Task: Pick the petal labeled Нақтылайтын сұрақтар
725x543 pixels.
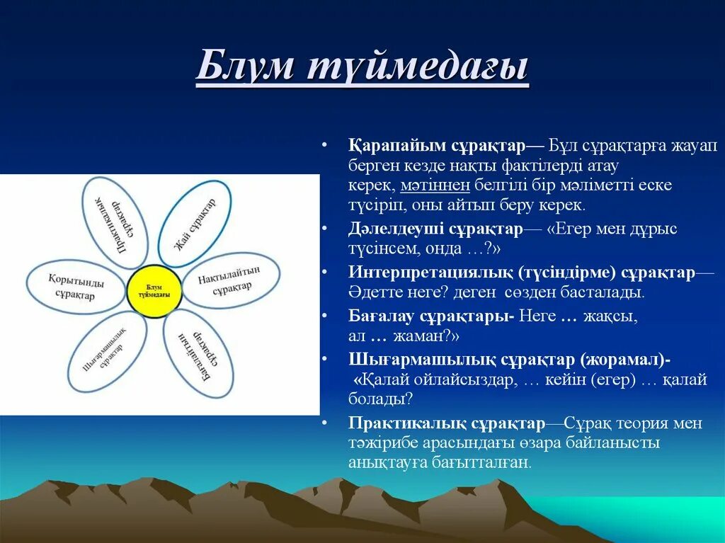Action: (231, 280)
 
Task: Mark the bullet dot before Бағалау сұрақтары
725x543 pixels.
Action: (324, 316)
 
